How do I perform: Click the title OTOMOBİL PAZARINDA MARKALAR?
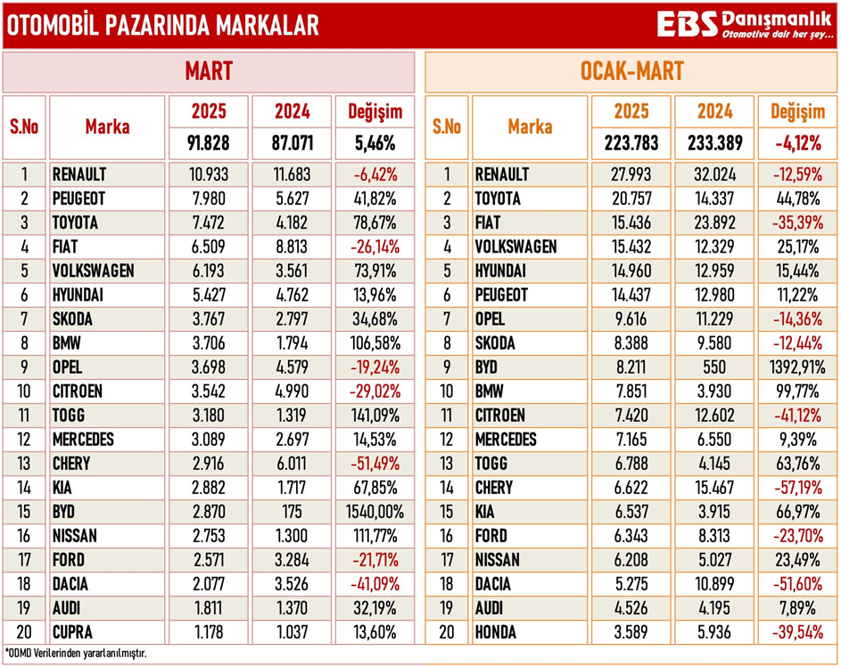coord(162,26)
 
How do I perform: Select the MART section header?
coord(209,71)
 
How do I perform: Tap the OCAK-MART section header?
coord(631,71)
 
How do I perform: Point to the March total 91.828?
coord(209,143)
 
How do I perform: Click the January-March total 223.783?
coord(631,143)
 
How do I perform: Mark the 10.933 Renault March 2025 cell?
coord(209,174)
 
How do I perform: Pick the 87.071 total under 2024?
coord(292,143)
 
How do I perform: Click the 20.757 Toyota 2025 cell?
coord(631,198)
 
